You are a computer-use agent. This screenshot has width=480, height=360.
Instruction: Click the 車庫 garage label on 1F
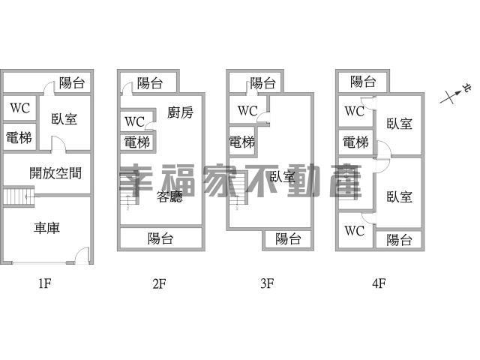[x=46, y=228]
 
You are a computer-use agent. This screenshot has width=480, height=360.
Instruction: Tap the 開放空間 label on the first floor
[x=55, y=173]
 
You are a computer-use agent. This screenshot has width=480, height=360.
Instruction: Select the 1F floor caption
[x=44, y=283]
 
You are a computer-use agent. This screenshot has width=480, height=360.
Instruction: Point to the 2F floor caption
[x=158, y=283]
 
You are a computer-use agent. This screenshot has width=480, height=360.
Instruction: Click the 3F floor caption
[x=267, y=283]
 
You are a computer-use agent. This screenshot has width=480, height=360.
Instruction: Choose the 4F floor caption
[x=378, y=283]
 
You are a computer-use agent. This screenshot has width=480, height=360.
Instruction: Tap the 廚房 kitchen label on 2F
[x=180, y=113]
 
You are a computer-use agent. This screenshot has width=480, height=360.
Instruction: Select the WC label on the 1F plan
[x=19, y=108]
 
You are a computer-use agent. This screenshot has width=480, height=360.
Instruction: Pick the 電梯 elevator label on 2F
[x=137, y=142]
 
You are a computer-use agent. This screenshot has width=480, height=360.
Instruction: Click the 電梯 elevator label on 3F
[x=241, y=142]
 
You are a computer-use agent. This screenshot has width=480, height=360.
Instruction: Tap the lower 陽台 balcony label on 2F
[x=160, y=238]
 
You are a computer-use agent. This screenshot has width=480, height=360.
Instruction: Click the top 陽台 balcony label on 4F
[x=363, y=81]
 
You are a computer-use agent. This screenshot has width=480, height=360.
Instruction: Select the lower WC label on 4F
[x=354, y=230]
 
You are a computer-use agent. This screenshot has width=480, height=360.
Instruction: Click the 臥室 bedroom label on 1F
[x=64, y=118]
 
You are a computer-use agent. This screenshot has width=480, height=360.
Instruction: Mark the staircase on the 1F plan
[x=16, y=197]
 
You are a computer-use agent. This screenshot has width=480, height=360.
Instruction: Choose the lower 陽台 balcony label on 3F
[x=288, y=239]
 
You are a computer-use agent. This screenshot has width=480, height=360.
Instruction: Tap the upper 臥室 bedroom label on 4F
[x=399, y=124]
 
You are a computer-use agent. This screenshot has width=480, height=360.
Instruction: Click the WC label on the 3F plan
[x=247, y=111]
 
